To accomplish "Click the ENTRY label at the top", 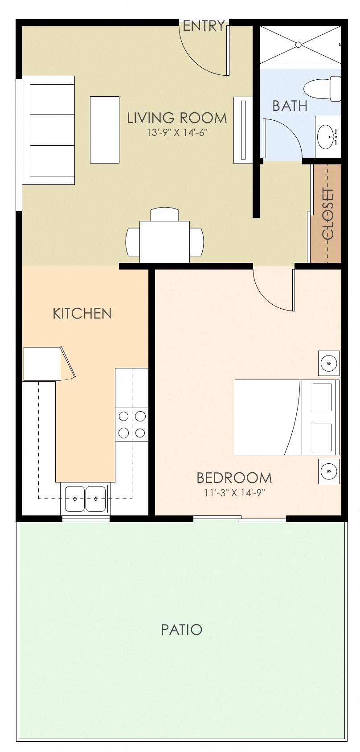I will [204, 26].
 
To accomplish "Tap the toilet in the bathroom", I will [322, 88].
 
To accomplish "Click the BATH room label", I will [290, 106].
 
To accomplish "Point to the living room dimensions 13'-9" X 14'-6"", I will [177, 132].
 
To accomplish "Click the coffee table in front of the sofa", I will [105, 130].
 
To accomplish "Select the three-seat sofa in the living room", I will [49, 130].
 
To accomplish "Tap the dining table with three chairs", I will [164, 241].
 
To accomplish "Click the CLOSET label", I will [328, 214].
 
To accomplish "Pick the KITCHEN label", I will [82, 313].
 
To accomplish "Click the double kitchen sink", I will [85, 499].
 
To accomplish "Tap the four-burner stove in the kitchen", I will [132, 424].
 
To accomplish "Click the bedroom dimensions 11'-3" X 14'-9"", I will [234, 493].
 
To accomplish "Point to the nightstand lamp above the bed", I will [329, 363].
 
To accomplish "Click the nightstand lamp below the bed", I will [329, 471].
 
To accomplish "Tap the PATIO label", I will [181, 629].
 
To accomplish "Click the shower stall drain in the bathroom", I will [299, 45].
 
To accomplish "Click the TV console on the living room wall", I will [243, 130].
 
